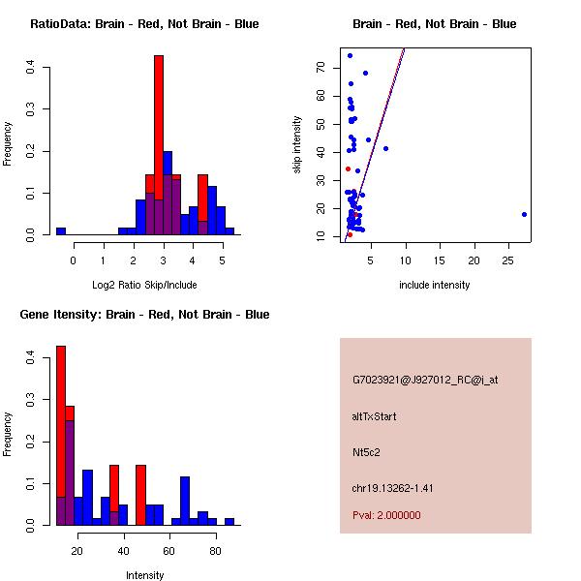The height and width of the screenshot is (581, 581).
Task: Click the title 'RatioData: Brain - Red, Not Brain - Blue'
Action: point(144,24)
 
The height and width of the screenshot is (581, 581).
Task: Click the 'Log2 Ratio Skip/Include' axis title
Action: point(144,285)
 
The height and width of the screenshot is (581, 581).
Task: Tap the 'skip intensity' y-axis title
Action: point(297,145)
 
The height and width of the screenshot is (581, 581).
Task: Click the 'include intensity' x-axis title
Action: point(435,285)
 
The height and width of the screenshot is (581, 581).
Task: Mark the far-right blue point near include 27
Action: point(524,215)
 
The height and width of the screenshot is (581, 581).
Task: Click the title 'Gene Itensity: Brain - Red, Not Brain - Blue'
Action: point(144,315)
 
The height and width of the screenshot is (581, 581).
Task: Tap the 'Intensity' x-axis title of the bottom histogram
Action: point(144,575)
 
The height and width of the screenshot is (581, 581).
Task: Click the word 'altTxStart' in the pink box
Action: point(375,416)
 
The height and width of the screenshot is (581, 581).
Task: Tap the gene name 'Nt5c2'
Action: point(367,452)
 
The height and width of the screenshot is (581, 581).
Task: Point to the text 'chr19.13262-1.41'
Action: point(393,488)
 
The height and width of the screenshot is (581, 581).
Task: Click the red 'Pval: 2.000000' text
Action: point(387,515)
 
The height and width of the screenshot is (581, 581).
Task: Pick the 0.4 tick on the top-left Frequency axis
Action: point(32,68)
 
